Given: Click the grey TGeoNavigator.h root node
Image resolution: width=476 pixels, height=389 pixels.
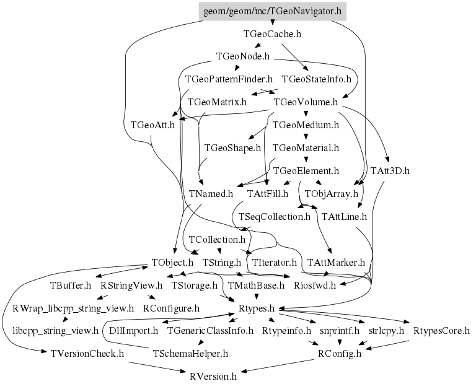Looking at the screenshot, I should tap(273, 11).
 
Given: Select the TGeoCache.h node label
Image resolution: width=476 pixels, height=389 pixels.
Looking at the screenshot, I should tap(273, 34).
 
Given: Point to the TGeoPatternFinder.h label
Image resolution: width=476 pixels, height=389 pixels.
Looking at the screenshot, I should tap(229, 79).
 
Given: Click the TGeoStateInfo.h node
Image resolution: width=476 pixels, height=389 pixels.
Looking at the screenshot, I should tap(316, 79).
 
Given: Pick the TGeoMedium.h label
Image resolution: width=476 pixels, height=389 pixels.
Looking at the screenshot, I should tap(306, 125).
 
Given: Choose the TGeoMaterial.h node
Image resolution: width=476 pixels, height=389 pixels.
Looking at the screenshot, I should tap(306, 147).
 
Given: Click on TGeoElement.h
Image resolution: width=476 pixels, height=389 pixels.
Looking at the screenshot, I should tap(306, 170).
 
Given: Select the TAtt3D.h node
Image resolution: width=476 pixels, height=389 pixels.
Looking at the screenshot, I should tap(390, 170).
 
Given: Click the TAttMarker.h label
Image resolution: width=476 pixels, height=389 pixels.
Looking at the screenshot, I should tap(336, 262).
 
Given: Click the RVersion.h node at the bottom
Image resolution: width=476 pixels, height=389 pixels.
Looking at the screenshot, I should tap(213, 375).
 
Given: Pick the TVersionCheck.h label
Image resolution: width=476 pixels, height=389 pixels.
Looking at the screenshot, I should tap(84, 353).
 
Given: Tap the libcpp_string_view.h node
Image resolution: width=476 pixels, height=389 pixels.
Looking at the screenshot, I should tap(55, 330).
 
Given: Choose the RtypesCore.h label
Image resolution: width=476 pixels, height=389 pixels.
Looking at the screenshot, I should tap(441, 330).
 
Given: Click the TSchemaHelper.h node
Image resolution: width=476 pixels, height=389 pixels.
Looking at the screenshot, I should tap(190, 353).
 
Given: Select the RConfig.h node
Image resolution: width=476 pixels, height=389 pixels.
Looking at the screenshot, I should tap(339, 353).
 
